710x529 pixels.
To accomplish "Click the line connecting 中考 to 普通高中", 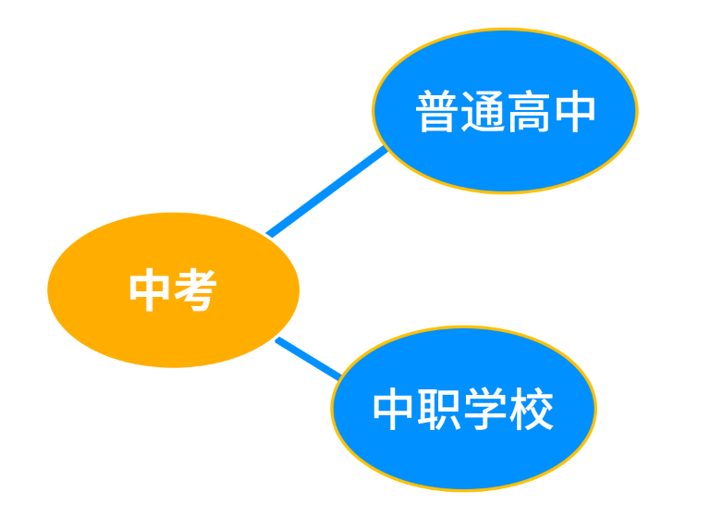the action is (326, 191).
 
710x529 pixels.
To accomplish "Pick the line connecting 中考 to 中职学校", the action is (308, 358).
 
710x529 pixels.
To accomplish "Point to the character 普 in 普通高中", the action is (437, 113).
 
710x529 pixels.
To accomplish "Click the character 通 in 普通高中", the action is (483, 113).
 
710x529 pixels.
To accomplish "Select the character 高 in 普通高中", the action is (528, 113).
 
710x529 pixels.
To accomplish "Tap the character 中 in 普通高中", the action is (573, 113).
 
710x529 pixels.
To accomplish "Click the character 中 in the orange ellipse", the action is (151, 290).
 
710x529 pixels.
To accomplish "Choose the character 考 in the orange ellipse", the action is (195, 290).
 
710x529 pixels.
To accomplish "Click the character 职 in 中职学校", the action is (441, 409).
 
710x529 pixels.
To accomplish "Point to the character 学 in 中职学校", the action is (486, 409).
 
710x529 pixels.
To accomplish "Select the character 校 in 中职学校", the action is (532, 409).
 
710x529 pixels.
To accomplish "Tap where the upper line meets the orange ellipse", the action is (269, 234).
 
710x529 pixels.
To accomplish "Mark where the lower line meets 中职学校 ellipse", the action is (339, 376).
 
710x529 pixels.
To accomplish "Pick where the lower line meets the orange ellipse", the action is (278, 339).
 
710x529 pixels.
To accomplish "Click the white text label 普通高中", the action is (505, 113).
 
